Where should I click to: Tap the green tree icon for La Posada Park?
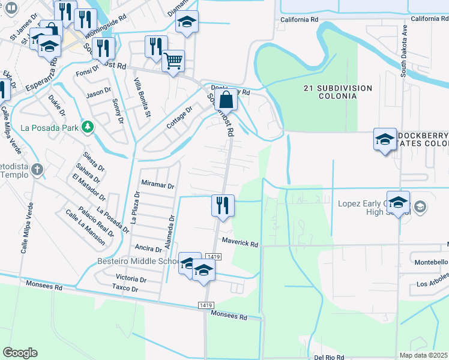tap(88, 127)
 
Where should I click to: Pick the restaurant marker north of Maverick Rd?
tap(223, 205)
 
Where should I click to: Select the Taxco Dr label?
tap(125, 289)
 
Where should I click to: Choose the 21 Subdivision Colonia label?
tap(337, 92)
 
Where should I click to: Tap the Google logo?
tap(20, 353)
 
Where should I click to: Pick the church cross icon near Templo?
tap(38, 169)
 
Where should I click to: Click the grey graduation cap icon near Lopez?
tap(420, 207)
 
